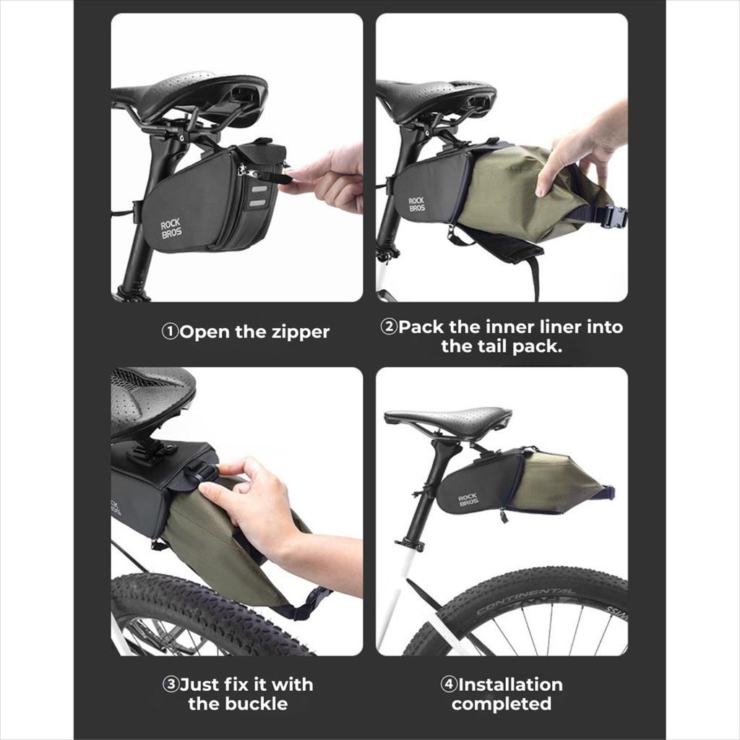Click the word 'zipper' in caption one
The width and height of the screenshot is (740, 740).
(300, 332)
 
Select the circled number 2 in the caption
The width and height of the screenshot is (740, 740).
(388, 327)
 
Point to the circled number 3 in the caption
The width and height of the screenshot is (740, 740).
(170, 684)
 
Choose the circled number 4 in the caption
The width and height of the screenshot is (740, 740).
(448, 684)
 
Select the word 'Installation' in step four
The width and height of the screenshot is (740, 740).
(510, 684)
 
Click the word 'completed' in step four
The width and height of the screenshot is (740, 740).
(502, 704)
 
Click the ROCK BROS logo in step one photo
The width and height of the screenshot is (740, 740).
(171, 228)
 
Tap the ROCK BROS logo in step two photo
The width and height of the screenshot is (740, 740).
(417, 205)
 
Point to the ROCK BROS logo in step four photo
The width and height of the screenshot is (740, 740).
(468, 500)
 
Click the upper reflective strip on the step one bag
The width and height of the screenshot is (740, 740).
(258, 190)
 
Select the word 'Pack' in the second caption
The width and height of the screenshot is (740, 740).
(421, 327)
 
